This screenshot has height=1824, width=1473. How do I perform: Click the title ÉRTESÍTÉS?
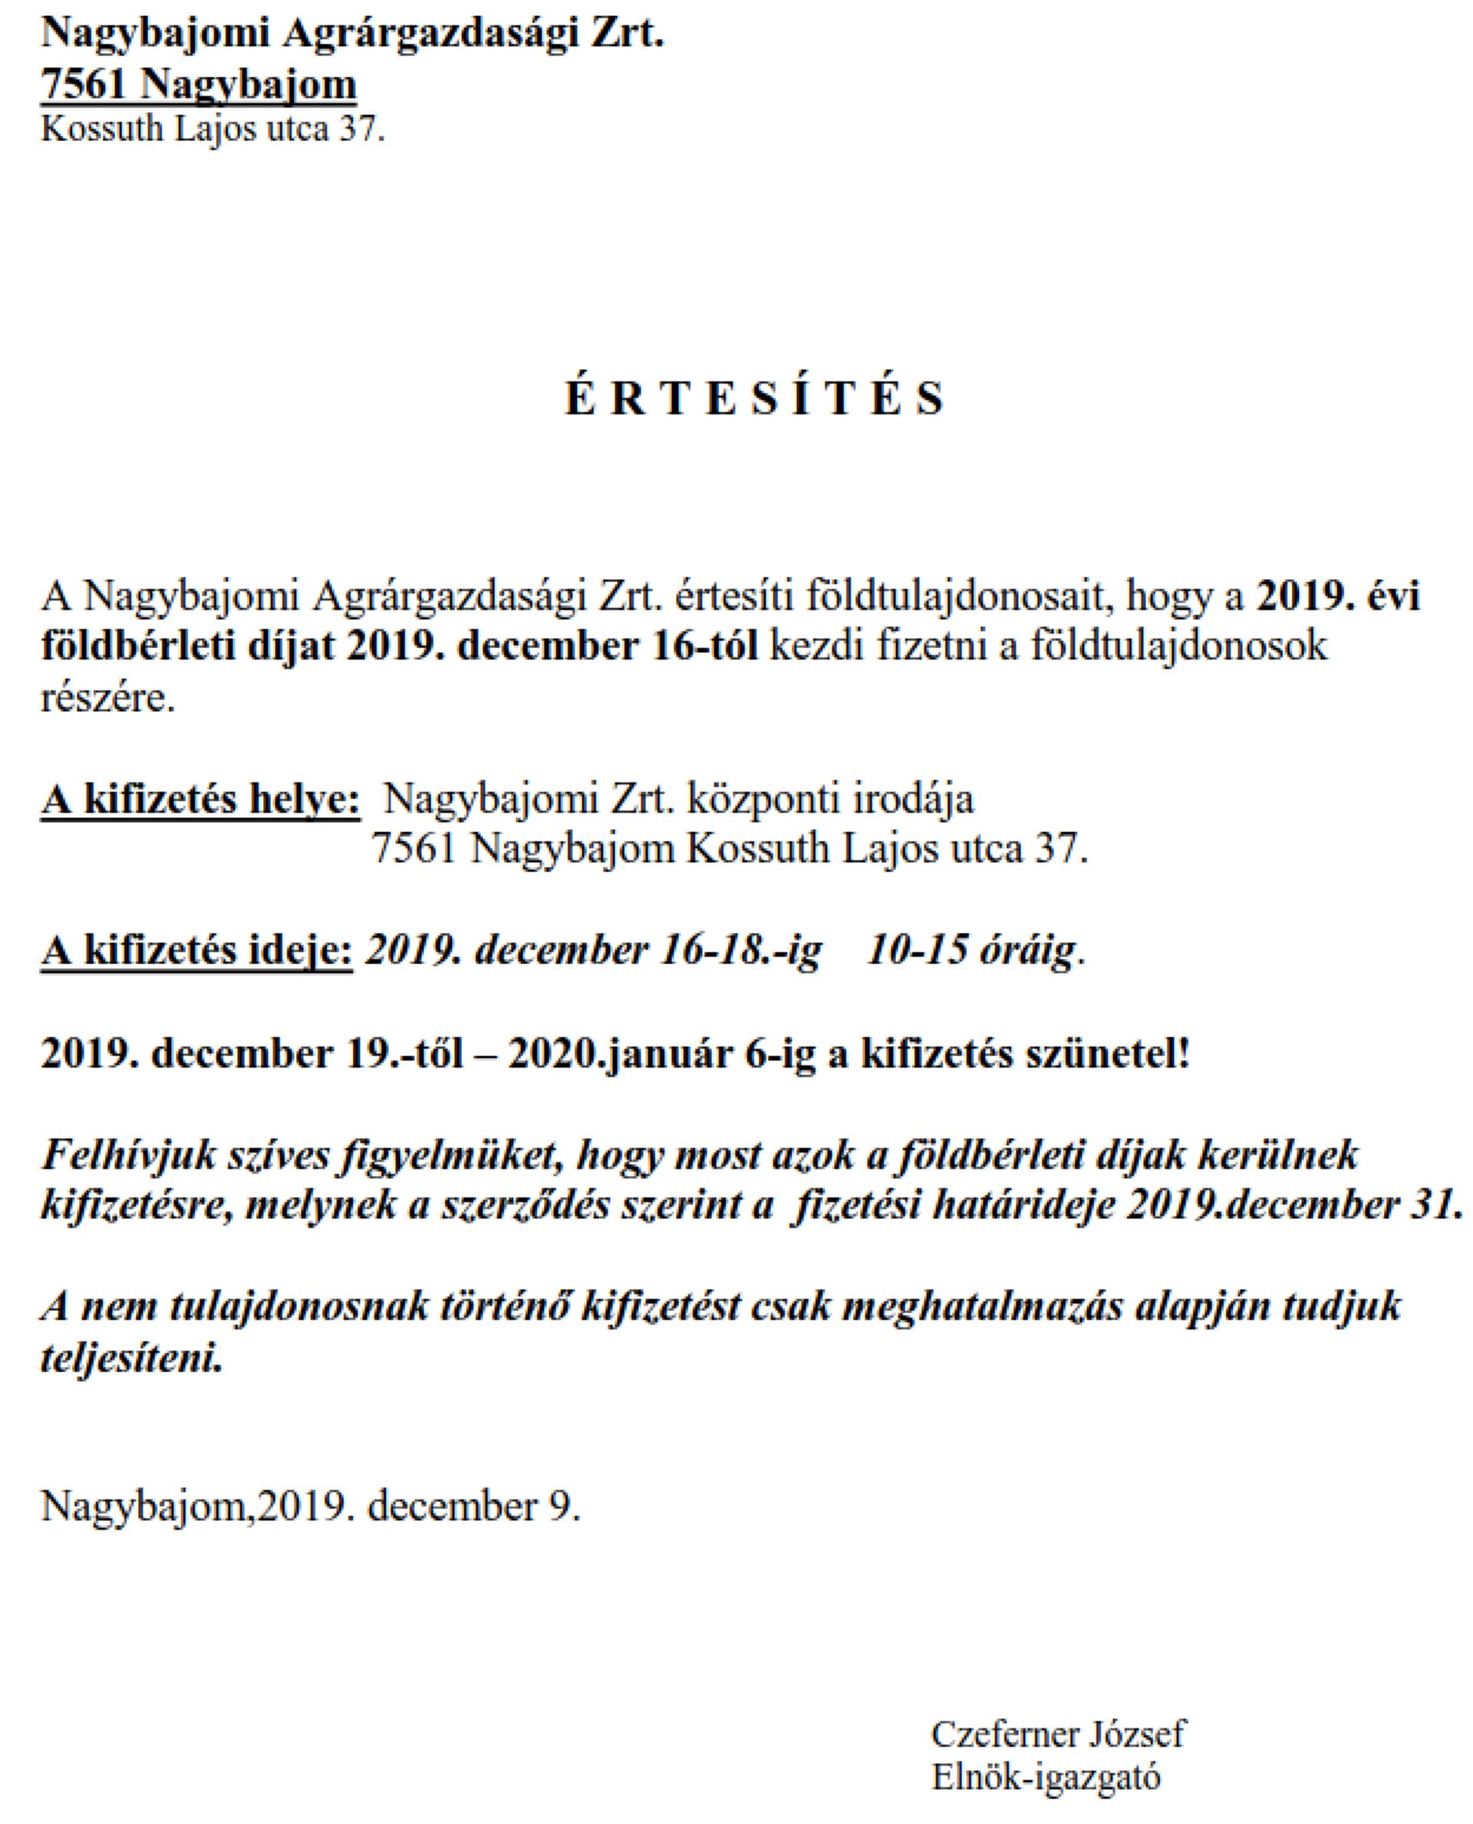coord(754,398)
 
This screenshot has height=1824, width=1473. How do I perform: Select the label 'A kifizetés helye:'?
coord(200,800)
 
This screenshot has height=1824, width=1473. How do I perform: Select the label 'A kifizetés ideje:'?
coord(197,951)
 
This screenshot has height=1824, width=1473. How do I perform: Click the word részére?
coord(107,699)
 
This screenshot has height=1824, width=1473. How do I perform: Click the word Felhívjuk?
coord(126,1157)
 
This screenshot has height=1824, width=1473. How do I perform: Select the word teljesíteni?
coord(131,1360)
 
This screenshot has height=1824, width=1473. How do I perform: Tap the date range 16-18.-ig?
coord(743,951)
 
